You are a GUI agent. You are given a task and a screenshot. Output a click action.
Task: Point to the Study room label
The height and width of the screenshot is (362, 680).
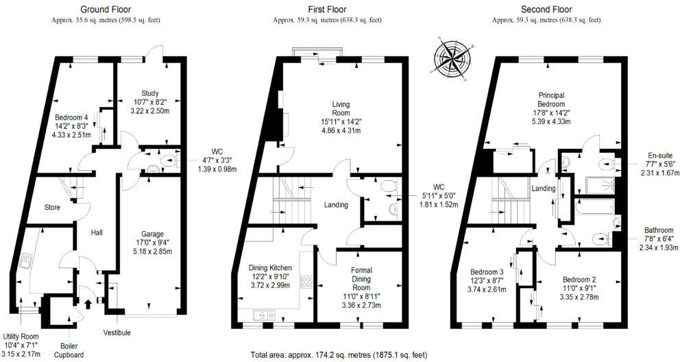click(x=150, y=93)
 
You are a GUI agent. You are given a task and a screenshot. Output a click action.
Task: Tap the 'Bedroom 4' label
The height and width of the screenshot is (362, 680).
click(x=71, y=117)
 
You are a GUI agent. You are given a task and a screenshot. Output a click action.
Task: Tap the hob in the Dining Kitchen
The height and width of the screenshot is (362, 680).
click(x=304, y=282)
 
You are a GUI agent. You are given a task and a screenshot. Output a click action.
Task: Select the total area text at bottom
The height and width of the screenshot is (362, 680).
click(x=339, y=355)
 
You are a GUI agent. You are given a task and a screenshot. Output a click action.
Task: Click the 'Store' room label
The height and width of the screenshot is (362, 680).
click(x=53, y=207)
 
